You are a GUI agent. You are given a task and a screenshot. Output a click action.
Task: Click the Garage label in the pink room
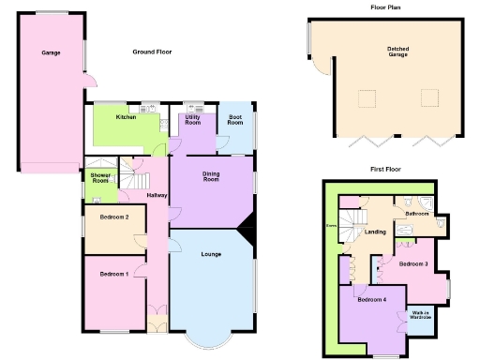(51, 52)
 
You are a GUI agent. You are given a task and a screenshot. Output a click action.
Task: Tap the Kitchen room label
(127, 117)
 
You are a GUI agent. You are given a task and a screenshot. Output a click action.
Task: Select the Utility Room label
(193, 119)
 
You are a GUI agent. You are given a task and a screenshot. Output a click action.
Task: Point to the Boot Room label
(235, 120)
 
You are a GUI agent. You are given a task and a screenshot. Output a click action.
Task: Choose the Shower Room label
(99, 177)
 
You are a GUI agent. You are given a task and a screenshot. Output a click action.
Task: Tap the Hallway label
(157, 195)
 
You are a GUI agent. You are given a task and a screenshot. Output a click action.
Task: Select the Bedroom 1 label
(114, 273)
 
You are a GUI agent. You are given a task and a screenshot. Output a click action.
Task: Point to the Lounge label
(211, 254)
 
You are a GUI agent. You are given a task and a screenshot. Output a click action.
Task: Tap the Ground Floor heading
(153, 52)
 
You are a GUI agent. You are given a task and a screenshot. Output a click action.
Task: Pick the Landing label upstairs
(376, 232)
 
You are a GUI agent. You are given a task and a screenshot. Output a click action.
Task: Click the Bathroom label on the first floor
(416, 214)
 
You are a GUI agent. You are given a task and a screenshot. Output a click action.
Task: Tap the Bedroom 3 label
(413, 263)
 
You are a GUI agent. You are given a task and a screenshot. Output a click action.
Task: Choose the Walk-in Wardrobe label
(419, 315)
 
